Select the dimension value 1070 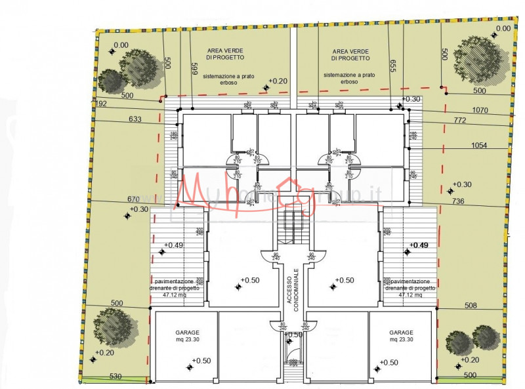pos(480,111)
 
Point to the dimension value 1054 pos(479,145)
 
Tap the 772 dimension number pos(478,121)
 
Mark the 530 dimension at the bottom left pos(115,376)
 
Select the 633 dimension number pos(135,119)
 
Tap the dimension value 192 pos(101,103)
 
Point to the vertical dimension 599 pos(194,69)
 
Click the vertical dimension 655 pos(393,66)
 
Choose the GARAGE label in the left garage pos(187,333)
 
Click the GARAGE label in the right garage pos(401,333)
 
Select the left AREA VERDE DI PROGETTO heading pos(226,54)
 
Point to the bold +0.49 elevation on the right pos(419,245)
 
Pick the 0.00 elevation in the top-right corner pos(503,28)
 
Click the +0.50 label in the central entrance pos(294,335)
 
